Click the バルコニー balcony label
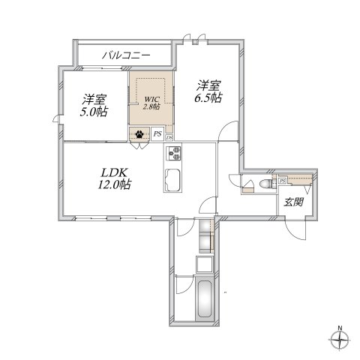pos(125,55)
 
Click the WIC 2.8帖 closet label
pos(151,101)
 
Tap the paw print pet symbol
pos(140,135)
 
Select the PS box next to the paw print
pos(157,135)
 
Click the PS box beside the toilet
pos(282,181)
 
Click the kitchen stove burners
pos(175,153)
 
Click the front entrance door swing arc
pos(298,229)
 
